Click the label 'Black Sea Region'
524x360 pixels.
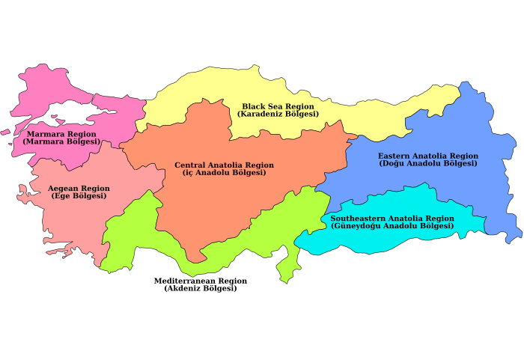coord(278,106)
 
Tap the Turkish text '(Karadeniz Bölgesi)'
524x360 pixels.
coord(278,114)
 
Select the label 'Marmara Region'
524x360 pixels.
coord(61,134)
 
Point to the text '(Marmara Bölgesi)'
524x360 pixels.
coord(61,141)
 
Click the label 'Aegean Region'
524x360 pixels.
coord(79,189)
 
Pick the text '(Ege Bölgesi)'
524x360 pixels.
coord(79,196)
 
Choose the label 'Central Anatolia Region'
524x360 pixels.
coord(224,165)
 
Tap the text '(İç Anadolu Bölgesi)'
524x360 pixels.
coord(224,173)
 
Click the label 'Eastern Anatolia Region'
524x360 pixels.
coord(427,156)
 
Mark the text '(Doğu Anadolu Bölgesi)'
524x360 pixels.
coord(427,163)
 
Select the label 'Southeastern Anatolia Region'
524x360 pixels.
coord(392,218)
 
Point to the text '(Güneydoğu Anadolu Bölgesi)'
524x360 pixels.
coord(392,225)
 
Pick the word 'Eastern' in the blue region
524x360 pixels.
coord(394,156)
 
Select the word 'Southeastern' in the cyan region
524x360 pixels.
coord(355,218)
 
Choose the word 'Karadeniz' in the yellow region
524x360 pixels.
coord(261,114)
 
